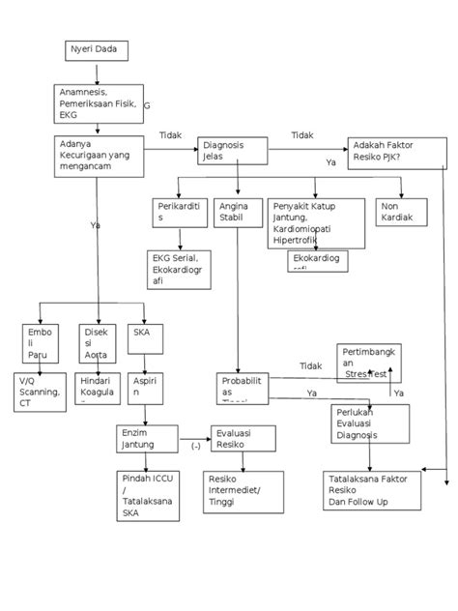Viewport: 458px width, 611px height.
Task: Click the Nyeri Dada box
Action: point(97,50)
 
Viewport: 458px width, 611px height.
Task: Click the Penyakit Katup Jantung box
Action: point(316,222)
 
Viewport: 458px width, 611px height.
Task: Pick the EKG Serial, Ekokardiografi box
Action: point(178,271)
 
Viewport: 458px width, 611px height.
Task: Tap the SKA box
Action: point(146,342)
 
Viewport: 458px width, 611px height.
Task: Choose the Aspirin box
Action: point(145,390)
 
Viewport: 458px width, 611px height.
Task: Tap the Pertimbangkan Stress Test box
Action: point(368,362)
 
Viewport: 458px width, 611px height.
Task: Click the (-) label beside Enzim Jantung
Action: point(195,446)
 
